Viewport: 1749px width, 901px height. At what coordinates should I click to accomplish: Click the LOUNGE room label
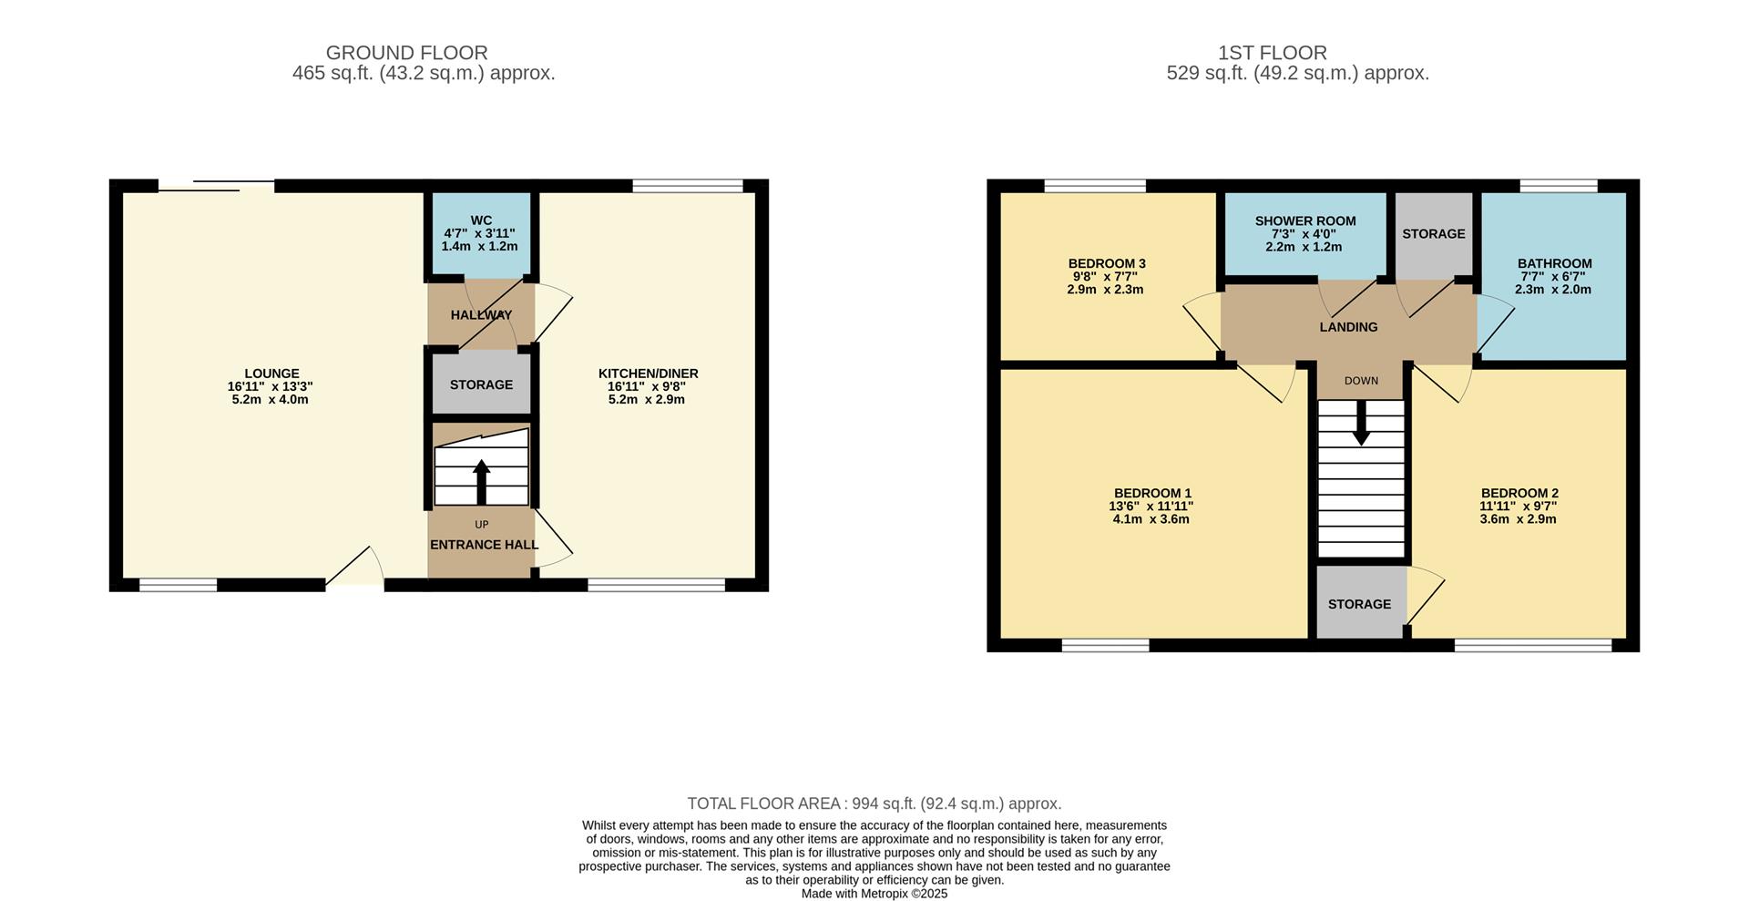point(271,374)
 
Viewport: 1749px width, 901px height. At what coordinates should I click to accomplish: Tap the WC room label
point(481,220)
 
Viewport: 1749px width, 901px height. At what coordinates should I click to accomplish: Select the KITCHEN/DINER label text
point(648,374)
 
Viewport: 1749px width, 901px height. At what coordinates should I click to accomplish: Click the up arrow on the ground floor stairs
point(481,481)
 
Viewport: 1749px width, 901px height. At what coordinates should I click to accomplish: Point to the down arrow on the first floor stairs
point(1361,425)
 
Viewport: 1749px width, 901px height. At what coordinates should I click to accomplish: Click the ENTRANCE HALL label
point(484,545)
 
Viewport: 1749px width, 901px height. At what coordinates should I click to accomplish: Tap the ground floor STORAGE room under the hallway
point(481,384)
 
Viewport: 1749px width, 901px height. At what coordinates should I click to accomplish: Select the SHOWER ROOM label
point(1304,221)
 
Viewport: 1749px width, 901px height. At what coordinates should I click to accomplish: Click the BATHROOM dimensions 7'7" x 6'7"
point(1554,277)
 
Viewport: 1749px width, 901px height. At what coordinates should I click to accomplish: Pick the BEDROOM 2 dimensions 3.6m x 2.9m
point(1519,519)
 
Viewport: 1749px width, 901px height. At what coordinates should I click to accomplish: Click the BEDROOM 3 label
point(1107,263)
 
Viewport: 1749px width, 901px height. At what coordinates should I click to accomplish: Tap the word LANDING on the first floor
point(1348,327)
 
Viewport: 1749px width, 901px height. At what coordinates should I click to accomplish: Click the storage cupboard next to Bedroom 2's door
point(1359,604)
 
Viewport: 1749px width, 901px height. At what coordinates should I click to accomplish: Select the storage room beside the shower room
point(1433,234)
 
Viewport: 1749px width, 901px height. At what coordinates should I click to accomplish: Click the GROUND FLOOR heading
point(406,53)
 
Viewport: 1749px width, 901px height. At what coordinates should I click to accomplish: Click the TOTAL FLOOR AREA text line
point(874,804)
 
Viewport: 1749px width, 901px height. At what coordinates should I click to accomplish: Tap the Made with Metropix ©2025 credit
point(874,894)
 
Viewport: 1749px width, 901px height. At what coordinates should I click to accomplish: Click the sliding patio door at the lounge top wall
point(217,187)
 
